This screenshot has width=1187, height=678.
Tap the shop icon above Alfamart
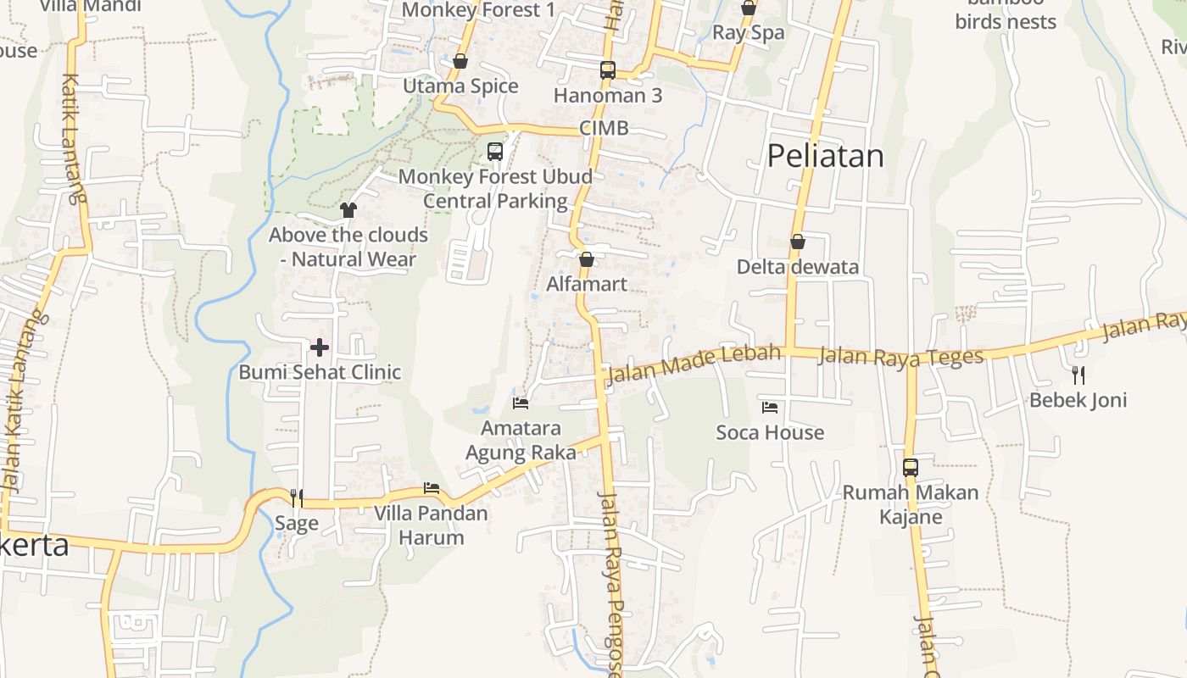pyautogui.click(x=587, y=259)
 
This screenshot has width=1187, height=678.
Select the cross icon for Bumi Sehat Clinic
pyautogui.click(x=320, y=347)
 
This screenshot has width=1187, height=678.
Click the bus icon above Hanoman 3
pyautogui.click(x=608, y=70)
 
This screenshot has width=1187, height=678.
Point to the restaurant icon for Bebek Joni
pyautogui.click(x=1078, y=375)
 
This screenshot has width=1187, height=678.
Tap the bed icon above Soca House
pyautogui.click(x=770, y=408)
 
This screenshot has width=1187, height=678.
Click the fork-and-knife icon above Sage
pyautogui.click(x=297, y=497)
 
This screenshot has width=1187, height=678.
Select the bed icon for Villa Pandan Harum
pyautogui.click(x=432, y=488)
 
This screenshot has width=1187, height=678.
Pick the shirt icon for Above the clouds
pyautogui.click(x=348, y=209)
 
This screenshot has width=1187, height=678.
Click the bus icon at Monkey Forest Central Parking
pyautogui.click(x=495, y=152)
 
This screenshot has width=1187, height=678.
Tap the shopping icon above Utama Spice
pyautogui.click(x=460, y=61)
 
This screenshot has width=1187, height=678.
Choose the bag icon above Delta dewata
pyautogui.click(x=797, y=242)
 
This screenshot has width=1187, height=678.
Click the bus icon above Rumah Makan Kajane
pyautogui.click(x=911, y=467)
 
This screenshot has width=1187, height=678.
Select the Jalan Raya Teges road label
pyautogui.click(x=900, y=356)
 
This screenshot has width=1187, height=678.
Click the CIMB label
pyautogui.click(x=605, y=128)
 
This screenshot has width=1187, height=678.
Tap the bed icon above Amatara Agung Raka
pyautogui.click(x=521, y=403)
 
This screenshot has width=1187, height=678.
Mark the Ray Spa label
pyautogui.click(x=749, y=33)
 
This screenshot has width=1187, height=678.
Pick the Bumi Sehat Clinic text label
pyautogui.click(x=320, y=372)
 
